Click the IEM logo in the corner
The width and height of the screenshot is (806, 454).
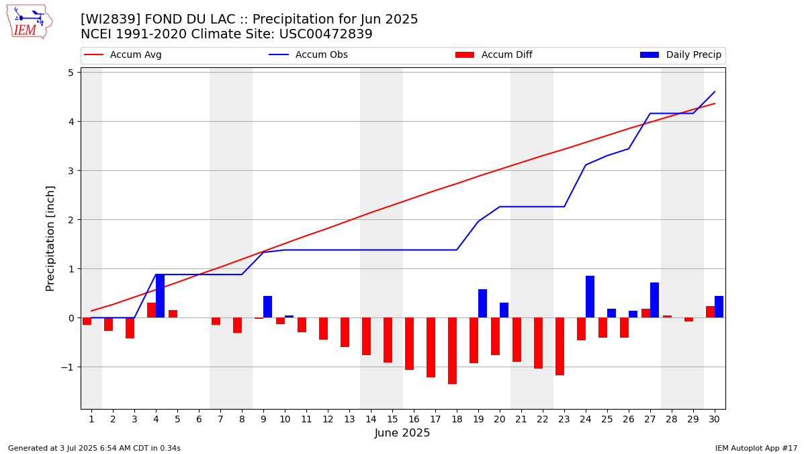(30, 22)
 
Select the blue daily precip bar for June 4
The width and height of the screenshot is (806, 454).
(160, 296)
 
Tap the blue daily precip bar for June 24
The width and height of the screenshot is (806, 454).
(590, 297)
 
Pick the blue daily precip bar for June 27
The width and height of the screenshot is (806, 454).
(654, 300)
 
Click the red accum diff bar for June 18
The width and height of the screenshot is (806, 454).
(452, 350)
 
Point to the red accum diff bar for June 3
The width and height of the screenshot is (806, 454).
(130, 328)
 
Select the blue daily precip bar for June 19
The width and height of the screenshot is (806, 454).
(482, 303)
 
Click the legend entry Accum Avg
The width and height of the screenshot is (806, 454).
(123, 54)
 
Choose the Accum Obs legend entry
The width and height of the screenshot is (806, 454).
(308, 54)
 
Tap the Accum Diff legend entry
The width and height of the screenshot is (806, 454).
(494, 54)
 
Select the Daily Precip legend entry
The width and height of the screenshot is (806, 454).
(681, 54)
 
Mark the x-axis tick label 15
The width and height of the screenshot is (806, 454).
(392, 419)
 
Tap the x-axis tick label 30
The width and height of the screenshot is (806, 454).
(714, 419)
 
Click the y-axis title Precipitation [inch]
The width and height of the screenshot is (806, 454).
(50, 239)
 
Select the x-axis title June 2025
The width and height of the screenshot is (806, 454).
(402, 432)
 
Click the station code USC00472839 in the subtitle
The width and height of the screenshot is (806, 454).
(326, 34)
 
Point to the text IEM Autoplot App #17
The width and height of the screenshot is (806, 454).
(756, 448)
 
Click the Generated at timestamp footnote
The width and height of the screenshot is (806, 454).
(94, 448)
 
